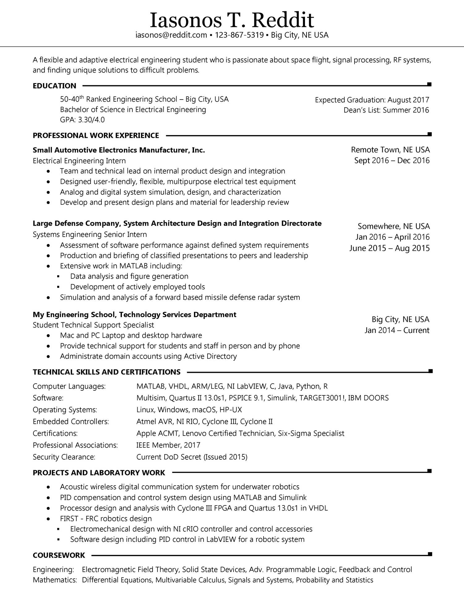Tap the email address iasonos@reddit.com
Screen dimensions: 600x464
tap(171, 35)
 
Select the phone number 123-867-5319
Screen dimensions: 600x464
tap(239, 35)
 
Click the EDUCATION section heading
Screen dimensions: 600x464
tap(54, 86)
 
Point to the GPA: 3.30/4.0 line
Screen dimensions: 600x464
tap(82, 120)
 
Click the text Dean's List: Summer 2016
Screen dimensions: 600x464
tap(386, 110)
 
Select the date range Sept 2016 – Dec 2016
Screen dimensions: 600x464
tap(392, 160)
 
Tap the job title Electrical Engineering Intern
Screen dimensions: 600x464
tap(79, 161)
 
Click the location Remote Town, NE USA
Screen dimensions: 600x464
tap(390, 150)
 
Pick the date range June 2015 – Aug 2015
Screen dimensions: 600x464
tap(389, 248)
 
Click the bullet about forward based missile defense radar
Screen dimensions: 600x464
tap(180, 297)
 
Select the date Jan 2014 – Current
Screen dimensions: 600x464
tap(397, 330)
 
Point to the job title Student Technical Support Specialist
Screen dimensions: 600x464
tap(93, 325)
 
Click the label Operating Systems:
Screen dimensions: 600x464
tap(65, 410)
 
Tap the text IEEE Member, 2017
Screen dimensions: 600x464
tap(168, 445)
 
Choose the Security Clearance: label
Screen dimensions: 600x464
tap(64, 457)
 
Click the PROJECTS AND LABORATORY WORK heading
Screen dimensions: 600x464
tap(99, 473)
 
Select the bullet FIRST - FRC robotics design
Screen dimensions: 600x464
tap(106, 519)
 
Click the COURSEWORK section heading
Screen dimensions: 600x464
tap(59, 555)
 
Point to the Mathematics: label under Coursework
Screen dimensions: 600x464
tap(55, 580)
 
